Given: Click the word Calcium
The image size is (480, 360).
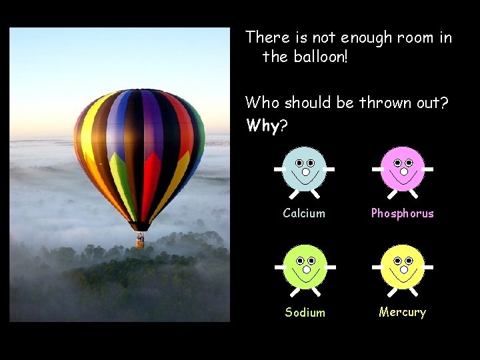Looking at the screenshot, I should pyautogui.click(x=304, y=213).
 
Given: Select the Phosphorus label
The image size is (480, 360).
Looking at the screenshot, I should pyautogui.click(x=402, y=213).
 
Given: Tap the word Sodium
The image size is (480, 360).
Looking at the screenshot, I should pyautogui.click(x=305, y=312).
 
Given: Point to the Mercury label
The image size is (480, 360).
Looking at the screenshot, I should pyautogui.click(x=402, y=312).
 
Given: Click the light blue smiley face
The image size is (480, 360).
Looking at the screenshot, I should pyautogui.click(x=305, y=169).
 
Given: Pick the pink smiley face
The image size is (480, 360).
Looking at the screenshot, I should pyautogui.click(x=403, y=169).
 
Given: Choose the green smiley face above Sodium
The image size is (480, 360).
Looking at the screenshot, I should pyautogui.click(x=305, y=267).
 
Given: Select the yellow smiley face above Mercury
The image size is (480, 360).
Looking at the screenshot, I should pyautogui.click(x=403, y=267).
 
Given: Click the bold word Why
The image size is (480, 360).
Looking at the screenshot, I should pyautogui.click(x=262, y=125).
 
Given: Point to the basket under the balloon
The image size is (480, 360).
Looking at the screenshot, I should pyautogui.click(x=140, y=241).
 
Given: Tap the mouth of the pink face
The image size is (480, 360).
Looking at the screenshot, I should pyautogui.click(x=403, y=178).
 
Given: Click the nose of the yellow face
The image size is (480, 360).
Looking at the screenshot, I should pyautogui.click(x=403, y=269).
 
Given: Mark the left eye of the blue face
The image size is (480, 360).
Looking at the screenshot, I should pyautogui.click(x=299, y=163).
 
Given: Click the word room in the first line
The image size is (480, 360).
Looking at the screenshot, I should pyautogui.click(x=417, y=37).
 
